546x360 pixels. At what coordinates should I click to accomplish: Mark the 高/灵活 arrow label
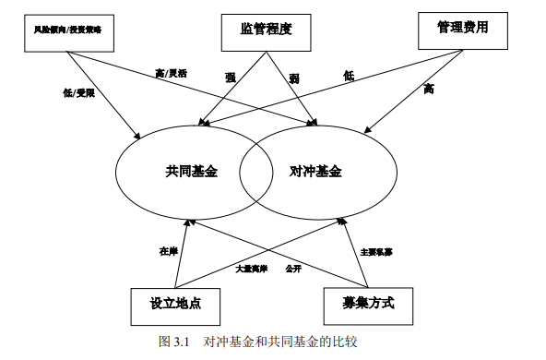pyautogui.click(x=172, y=73)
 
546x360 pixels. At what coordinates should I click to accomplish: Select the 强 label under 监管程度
pyautogui.click(x=230, y=78)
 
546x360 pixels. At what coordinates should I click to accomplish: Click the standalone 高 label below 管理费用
pyautogui.click(x=428, y=90)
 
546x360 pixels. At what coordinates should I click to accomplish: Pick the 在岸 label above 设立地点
pyautogui.click(x=167, y=251)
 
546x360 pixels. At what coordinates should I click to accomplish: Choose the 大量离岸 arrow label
pyautogui.click(x=250, y=269)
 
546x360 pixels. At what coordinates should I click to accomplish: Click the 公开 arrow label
pyautogui.click(x=293, y=269)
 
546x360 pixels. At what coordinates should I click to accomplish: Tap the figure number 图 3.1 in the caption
pyautogui.click(x=172, y=342)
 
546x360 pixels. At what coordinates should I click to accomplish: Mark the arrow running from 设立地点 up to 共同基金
pyautogui.click(x=180, y=254)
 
